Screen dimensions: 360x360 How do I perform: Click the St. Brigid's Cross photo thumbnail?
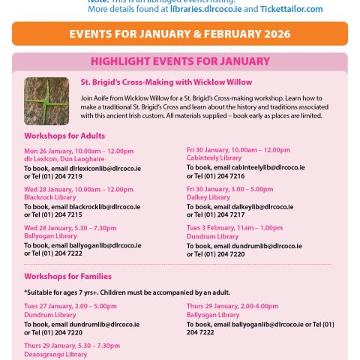pyautogui.click(x=46, y=100)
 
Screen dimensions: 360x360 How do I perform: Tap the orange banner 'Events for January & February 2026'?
pyautogui.click(x=180, y=34)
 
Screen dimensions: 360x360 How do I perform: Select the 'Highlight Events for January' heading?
pyautogui.click(x=180, y=62)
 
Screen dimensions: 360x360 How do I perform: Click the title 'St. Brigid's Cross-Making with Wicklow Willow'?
pyautogui.click(x=166, y=82)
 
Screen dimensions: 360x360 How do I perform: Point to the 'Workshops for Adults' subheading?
pyautogui.click(x=64, y=136)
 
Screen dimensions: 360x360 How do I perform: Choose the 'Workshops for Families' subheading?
pyautogui.click(x=67, y=276)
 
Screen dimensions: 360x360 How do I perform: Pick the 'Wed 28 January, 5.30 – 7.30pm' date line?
pyautogui.click(x=70, y=227)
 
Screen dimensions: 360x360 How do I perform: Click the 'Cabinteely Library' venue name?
pyautogui.click(x=214, y=157)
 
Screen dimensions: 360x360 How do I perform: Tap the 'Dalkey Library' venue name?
pyautogui.click(x=208, y=196)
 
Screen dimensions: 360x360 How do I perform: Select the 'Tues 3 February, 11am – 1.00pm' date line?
pyautogui.click(x=235, y=227)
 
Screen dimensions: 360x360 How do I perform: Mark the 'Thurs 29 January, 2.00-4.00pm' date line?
pyautogui.click(x=232, y=306)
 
